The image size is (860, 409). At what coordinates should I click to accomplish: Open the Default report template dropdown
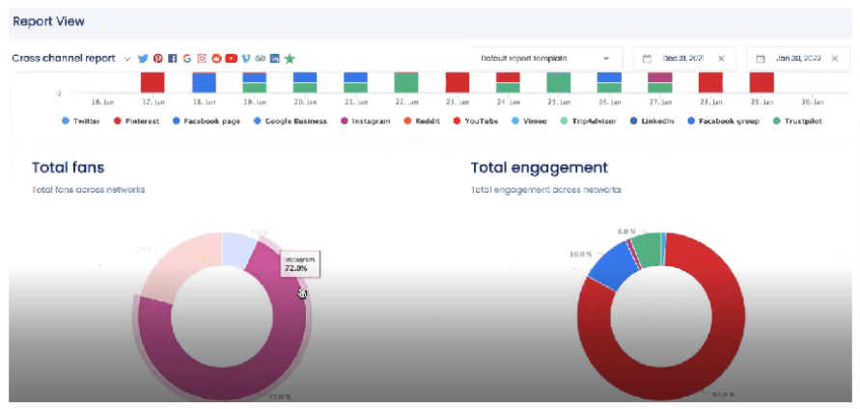point(546,58)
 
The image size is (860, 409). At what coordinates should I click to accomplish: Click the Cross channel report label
point(64,58)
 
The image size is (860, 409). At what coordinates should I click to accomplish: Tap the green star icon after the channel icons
point(290,58)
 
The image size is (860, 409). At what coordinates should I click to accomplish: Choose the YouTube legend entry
point(476,122)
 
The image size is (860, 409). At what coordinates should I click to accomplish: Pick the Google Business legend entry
point(290,122)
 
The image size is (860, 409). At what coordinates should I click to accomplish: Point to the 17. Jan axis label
point(152,101)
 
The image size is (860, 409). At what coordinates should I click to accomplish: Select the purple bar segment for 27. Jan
point(660,77)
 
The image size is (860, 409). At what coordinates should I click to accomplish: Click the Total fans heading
point(68,167)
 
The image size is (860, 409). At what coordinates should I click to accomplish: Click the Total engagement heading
point(539,167)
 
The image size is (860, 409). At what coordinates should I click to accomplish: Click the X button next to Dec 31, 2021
point(721,58)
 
